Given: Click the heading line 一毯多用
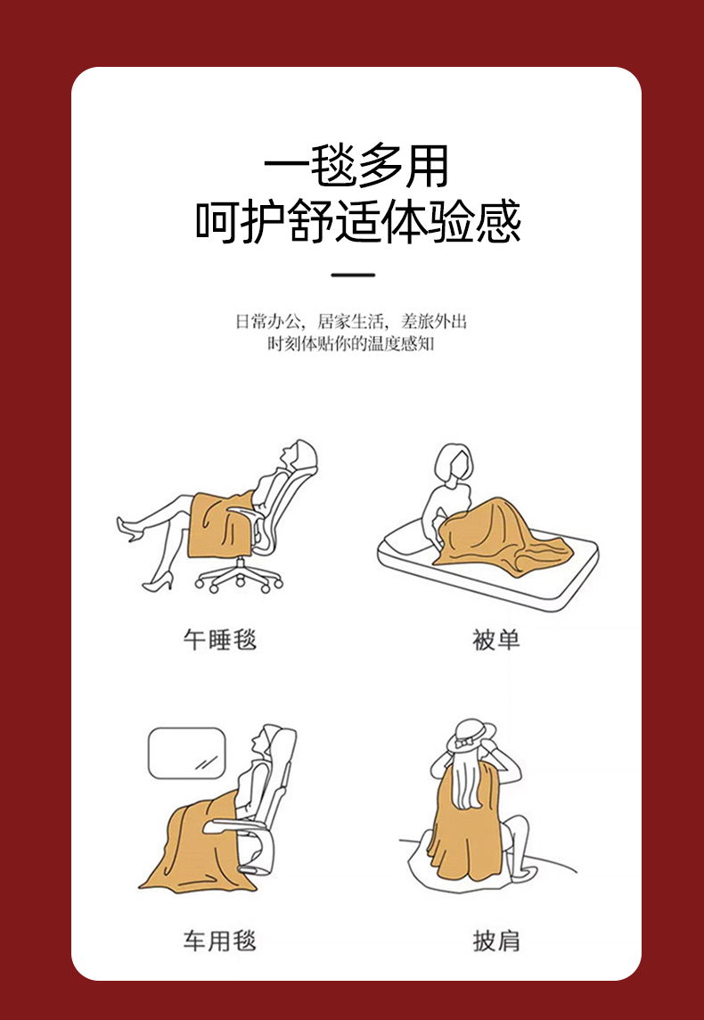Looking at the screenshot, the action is tap(356, 166).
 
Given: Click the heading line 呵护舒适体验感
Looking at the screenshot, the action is tap(358, 221).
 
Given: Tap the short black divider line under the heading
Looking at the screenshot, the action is tap(353, 275).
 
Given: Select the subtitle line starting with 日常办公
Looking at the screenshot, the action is tap(351, 321).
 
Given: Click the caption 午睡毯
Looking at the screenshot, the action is tap(220, 639).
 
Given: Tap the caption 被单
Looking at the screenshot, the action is tap(496, 639).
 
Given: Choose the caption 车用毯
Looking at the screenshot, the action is tap(220, 941).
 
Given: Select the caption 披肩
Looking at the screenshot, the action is tap(496, 941).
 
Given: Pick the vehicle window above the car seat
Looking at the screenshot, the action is tap(187, 753).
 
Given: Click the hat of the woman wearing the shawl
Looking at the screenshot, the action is tap(471, 736).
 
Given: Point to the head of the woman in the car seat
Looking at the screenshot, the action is tap(266, 740).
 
